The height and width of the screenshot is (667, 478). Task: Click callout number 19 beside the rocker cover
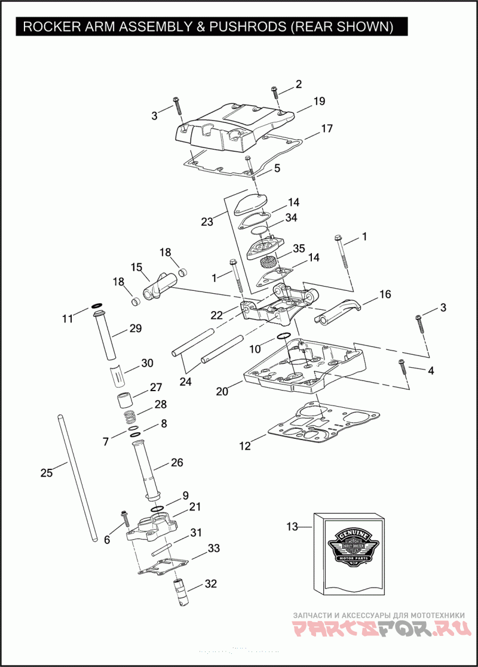point(319,102)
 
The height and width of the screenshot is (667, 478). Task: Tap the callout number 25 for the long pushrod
point(47,473)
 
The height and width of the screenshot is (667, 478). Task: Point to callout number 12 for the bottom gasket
point(245,445)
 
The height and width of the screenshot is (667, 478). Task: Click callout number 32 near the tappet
point(210,583)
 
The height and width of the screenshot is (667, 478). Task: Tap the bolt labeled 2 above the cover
point(274,92)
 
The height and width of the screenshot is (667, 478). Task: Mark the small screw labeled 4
point(402,365)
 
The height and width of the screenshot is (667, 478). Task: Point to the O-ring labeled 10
point(284,336)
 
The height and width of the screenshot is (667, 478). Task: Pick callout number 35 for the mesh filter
point(299,248)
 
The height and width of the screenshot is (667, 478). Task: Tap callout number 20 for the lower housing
point(222,392)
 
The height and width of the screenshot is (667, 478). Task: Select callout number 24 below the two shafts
point(186,382)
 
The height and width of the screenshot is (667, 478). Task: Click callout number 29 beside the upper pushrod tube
point(136,328)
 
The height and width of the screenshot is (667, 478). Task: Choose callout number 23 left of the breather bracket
point(207,222)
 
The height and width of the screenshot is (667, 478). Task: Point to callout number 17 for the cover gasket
point(326,129)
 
